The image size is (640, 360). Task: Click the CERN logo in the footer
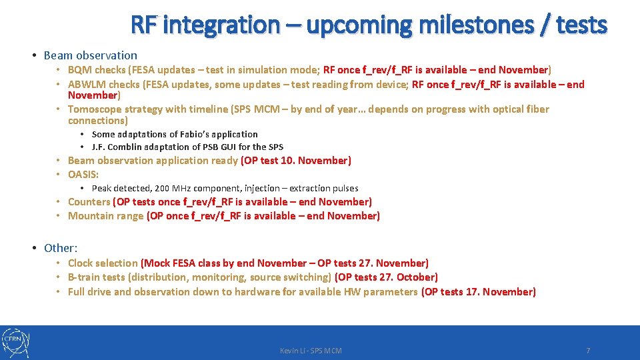point(15,343)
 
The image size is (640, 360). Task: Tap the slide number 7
point(587,351)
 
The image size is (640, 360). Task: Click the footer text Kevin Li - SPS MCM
point(311,351)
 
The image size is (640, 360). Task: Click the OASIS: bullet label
point(83,175)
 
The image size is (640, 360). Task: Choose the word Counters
point(89,202)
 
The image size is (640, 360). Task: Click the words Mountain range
point(105,216)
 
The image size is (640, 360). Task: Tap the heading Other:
point(61,248)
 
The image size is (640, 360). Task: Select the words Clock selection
point(103,263)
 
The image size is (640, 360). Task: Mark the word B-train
point(85,277)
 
